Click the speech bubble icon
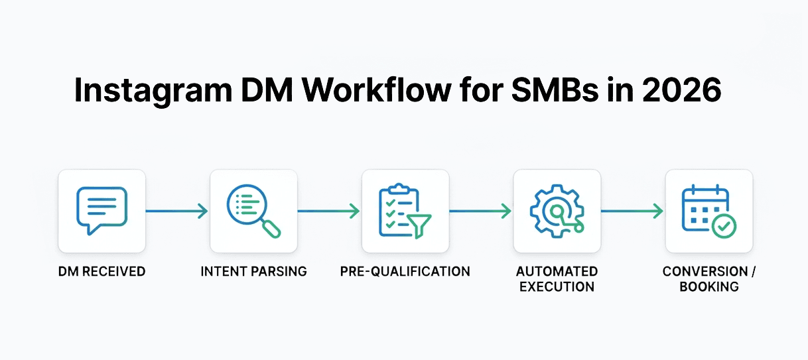[101, 210]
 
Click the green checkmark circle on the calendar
[724, 227]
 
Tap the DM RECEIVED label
[101, 272]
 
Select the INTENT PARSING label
[253, 272]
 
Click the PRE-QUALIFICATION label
[405, 272]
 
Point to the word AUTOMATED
[557, 272]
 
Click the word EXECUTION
[557, 287]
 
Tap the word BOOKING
[708, 287]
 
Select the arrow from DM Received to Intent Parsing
[177, 211]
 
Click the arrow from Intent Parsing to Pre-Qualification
[329, 211]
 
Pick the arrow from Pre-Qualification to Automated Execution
[480, 211]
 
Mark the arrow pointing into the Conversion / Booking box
[632, 211]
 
